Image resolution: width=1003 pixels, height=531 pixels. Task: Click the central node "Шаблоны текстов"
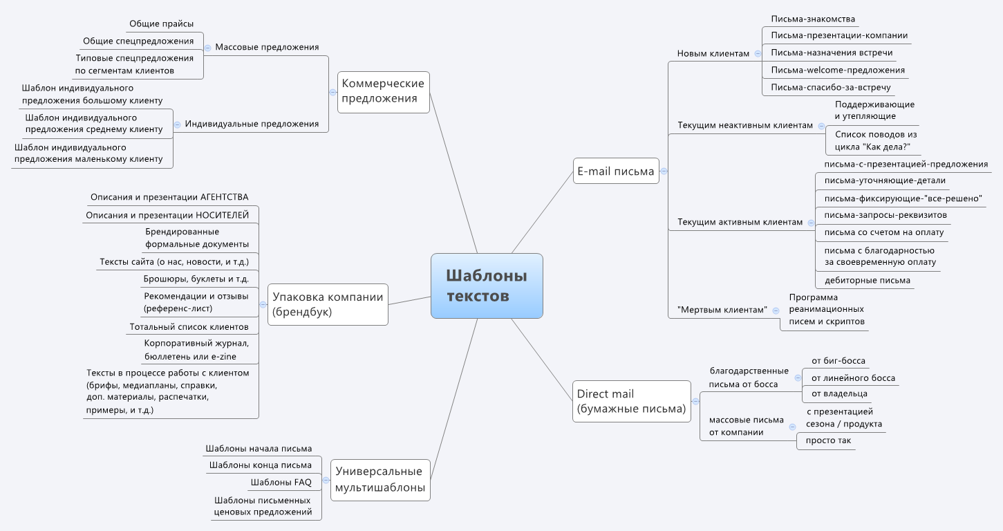487,286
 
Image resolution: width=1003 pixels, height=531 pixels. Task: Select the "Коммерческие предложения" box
384,91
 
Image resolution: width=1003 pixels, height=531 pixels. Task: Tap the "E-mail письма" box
616,171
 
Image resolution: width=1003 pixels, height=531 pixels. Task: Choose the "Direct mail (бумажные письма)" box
632,402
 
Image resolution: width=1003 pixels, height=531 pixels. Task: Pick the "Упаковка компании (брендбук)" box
328,304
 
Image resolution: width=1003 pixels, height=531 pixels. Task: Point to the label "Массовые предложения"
267,47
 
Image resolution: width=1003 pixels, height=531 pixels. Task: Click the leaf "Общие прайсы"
162,24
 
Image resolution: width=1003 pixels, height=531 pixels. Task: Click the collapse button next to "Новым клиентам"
758,53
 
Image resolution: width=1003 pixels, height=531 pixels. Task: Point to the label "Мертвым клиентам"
722,310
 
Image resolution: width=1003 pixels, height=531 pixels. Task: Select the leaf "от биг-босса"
838,360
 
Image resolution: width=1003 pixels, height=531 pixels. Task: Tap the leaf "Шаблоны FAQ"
281,482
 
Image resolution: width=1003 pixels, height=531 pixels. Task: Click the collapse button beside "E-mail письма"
664,171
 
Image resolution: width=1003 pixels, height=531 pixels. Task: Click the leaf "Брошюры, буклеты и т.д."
196,279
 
